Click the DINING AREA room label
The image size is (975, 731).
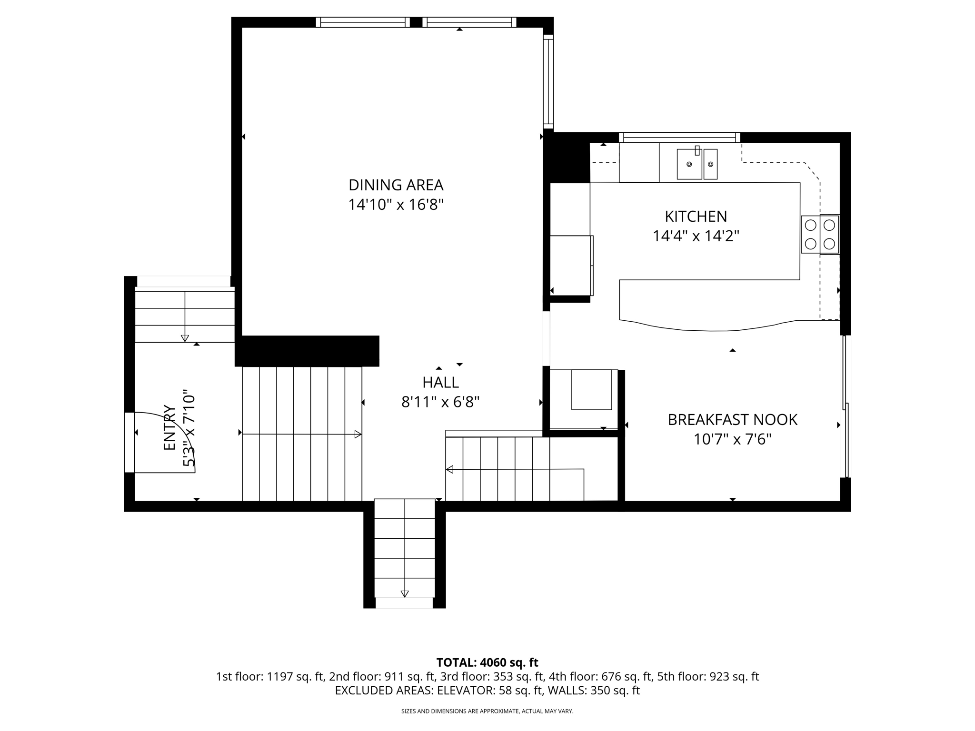396,185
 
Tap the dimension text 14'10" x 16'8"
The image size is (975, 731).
396,205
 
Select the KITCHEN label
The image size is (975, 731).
696,217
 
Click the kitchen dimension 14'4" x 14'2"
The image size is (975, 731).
696,236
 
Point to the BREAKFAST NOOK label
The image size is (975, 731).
732,420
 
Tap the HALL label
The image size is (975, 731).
440,382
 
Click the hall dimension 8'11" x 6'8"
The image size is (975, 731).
440,402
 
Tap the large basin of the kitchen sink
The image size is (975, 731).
689,164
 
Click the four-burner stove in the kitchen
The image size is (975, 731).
820,234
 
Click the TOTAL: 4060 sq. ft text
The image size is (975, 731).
487,662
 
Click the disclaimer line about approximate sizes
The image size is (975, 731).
487,711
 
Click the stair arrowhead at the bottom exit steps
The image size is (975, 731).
405,593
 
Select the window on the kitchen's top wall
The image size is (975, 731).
679,138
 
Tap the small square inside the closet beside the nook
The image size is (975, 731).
591,390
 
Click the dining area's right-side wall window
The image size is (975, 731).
548,81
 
